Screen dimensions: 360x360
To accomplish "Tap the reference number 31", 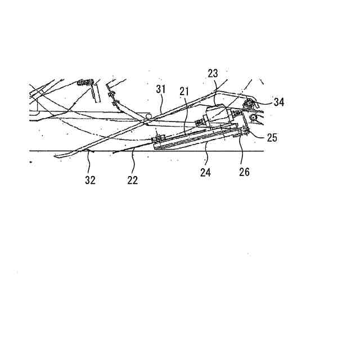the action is pyautogui.click(x=161, y=88).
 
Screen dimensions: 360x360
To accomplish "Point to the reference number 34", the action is pyautogui.click(x=280, y=102).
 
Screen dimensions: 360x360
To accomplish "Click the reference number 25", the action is pyautogui.click(x=272, y=137).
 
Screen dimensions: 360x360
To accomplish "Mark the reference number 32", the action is pyautogui.click(x=91, y=180).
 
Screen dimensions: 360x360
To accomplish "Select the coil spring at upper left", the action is pyautogui.click(x=84, y=83).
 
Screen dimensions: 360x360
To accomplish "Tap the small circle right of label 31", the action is pyautogui.click(x=148, y=116).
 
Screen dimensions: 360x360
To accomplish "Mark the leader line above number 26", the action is pyautogui.click(x=242, y=152).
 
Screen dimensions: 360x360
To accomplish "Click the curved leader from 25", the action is pyautogui.click(x=258, y=135).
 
